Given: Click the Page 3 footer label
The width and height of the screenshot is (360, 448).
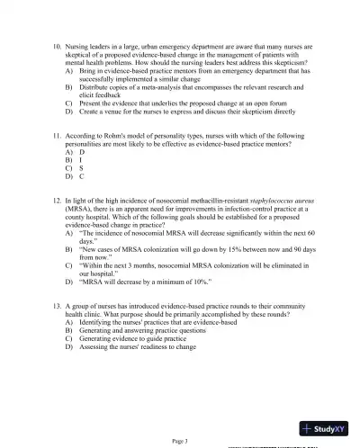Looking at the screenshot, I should pos(180,440).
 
